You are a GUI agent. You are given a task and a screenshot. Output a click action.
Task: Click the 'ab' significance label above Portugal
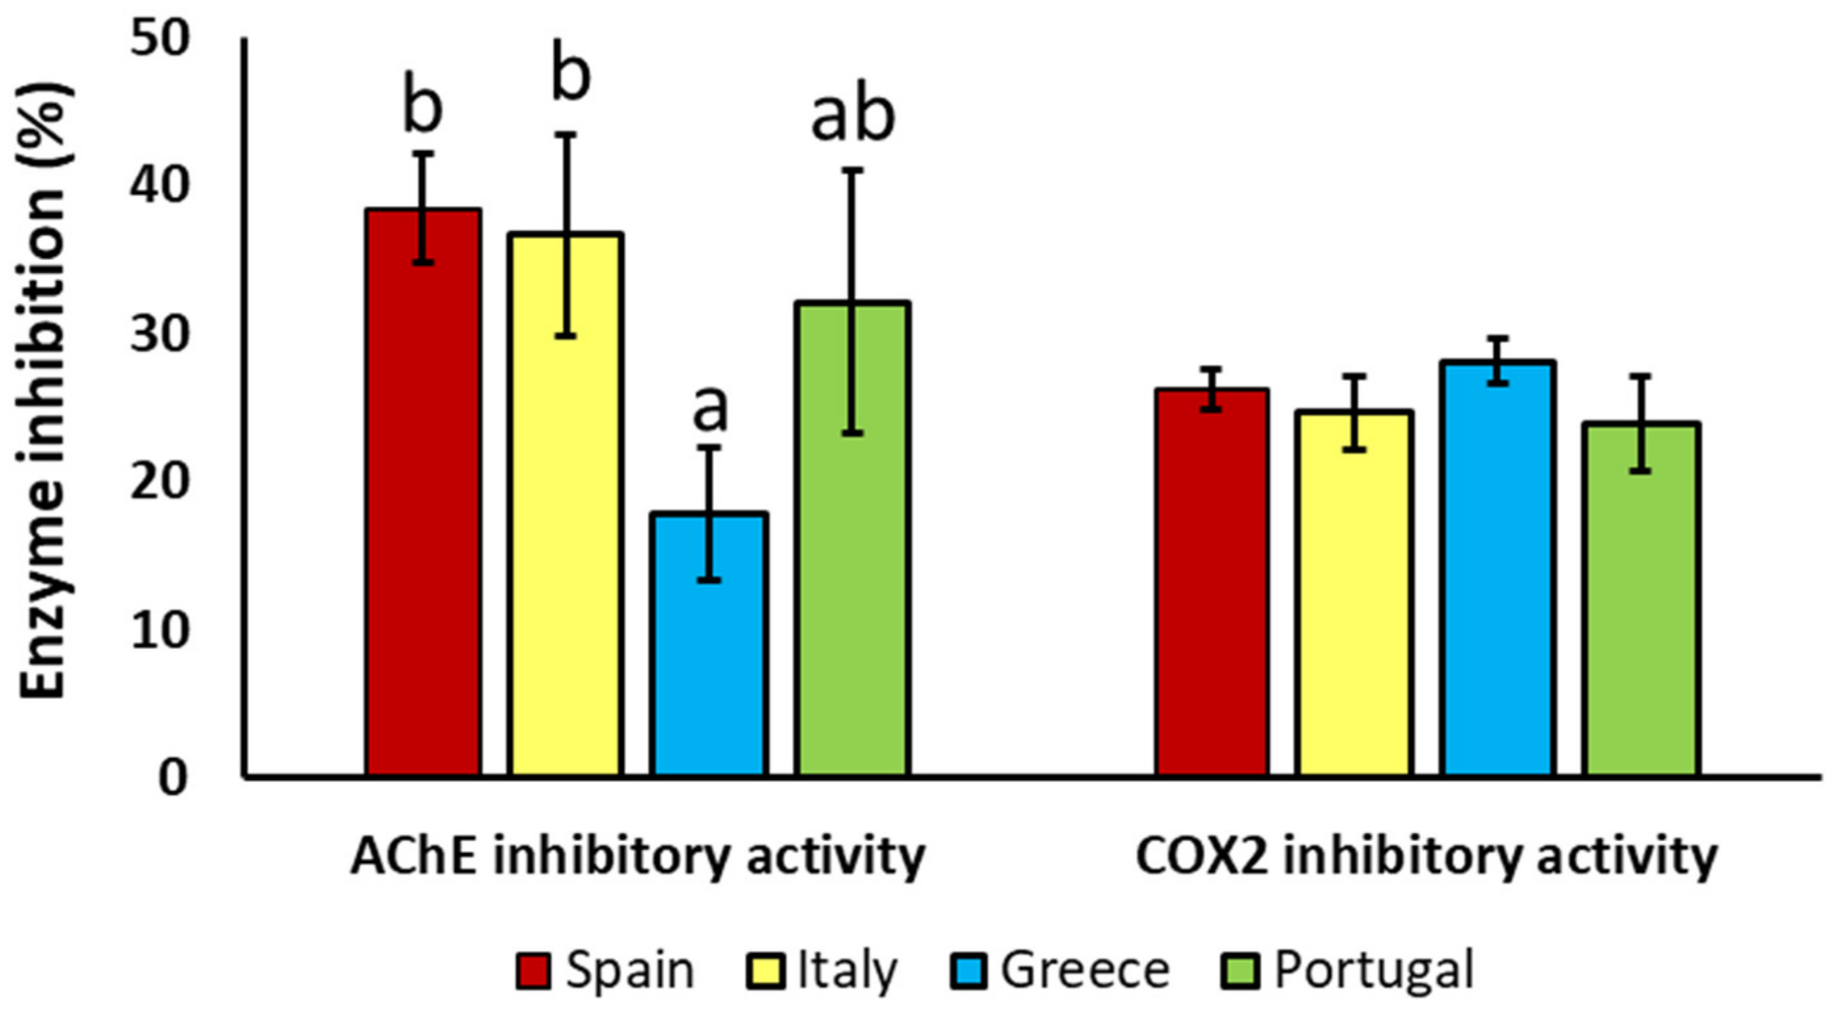[853, 116]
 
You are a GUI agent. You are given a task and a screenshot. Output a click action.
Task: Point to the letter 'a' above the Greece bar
[711, 409]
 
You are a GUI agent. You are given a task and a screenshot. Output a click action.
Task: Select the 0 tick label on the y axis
[173, 777]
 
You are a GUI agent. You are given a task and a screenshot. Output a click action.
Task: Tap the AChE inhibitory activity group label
[637, 856]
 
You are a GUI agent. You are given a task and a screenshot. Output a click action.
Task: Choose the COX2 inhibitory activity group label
[1426, 856]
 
